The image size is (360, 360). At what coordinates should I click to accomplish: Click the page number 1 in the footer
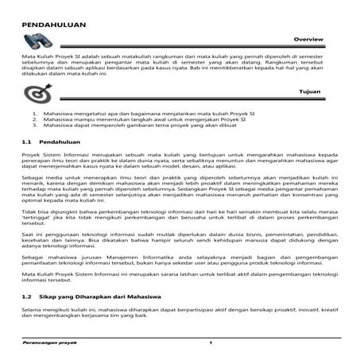[210, 343]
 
